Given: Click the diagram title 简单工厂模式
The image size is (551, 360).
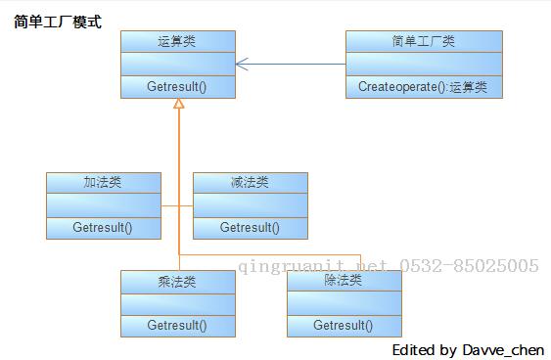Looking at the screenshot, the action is pos(58,22).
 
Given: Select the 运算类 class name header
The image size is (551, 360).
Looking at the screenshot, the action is pos(177,41).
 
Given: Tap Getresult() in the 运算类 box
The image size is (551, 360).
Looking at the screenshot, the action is pos(177,86).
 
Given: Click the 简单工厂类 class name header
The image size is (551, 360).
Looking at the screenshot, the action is pos(423,41).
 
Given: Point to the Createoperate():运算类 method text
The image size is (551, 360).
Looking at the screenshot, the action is pos(423,86).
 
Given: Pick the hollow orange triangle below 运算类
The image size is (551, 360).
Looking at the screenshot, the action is pos(178,104).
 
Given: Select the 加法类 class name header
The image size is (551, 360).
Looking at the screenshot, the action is pos(103,183).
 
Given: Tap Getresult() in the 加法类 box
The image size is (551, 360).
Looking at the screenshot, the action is pos(103,228).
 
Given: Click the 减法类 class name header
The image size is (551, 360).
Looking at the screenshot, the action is pos(250,183).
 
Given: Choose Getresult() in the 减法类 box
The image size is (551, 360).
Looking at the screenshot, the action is pos(250,228).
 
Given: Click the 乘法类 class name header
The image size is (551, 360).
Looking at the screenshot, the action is pos(177,281).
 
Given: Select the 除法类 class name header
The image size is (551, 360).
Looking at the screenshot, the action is pos(344,281).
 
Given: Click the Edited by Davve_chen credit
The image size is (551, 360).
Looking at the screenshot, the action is pos(468,349).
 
